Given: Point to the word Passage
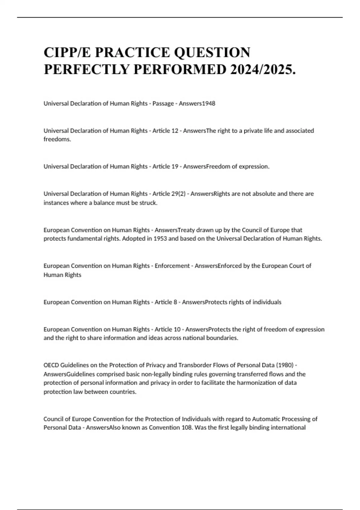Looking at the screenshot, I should coord(163,103).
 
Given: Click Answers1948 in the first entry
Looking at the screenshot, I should coord(197,103).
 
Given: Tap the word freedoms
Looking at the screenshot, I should coord(57,139).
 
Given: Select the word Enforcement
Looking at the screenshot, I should coord(172,266).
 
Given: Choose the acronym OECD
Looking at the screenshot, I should coord(51,365).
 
